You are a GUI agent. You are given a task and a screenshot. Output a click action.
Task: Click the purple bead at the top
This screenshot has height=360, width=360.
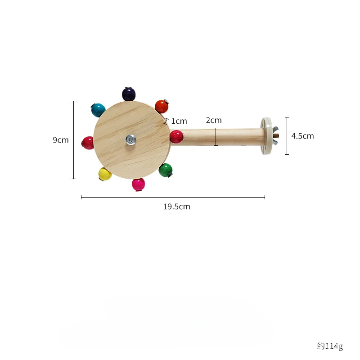[x=129, y=94]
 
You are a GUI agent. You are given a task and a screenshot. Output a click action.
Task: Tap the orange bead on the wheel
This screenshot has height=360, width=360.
[x=162, y=107]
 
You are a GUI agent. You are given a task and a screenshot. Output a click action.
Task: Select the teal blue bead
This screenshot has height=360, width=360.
[x=98, y=110]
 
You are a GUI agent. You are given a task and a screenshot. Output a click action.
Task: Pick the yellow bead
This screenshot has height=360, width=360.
[x=105, y=174]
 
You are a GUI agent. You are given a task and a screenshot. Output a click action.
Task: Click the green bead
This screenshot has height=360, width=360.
[x=166, y=171]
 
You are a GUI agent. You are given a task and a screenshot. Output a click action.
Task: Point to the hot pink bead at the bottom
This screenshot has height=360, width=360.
[x=139, y=184]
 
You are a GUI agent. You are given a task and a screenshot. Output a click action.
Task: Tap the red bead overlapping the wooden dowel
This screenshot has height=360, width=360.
[x=176, y=137]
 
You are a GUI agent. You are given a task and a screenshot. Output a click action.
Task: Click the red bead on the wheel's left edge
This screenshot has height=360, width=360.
[x=88, y=143]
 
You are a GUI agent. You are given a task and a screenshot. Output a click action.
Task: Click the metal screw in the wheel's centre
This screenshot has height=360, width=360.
[x=131, y=139]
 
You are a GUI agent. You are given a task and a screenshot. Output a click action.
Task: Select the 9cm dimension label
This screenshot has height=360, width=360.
[x=61, y=140]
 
